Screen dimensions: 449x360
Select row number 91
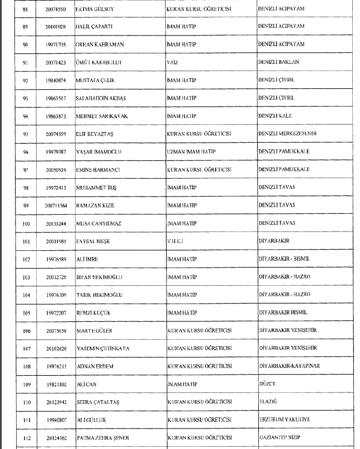[25, 62]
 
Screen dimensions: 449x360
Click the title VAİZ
[171, 62]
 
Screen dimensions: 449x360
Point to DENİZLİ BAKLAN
[278, 62]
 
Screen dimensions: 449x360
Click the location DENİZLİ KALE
[275, 115]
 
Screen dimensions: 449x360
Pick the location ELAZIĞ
[268, 402]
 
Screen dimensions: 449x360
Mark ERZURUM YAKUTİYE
[283, 420]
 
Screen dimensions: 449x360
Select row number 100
[25, 223]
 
